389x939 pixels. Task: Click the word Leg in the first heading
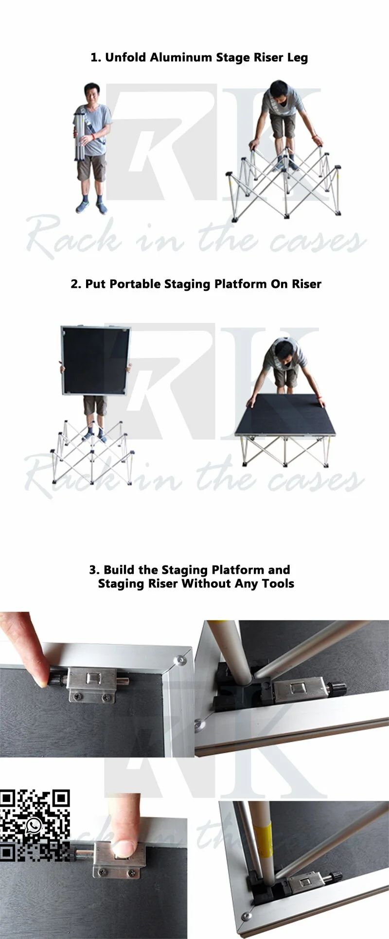297,58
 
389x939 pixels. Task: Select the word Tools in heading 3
278,583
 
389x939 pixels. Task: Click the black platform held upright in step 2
95,361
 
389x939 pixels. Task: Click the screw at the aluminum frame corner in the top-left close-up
182,659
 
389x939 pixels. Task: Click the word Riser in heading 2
306,284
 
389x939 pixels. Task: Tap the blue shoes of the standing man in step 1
91,207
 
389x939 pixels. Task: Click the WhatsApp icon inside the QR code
34,825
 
